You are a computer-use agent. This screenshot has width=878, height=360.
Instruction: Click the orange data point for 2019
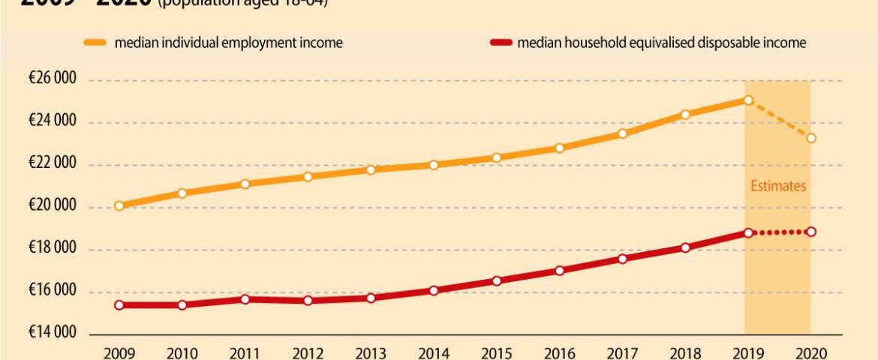pos(748,100)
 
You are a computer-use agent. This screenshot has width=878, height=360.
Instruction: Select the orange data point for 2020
pos(811,138)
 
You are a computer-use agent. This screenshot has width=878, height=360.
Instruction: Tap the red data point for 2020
pos(811,232)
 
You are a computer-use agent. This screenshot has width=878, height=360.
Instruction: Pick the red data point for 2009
pos(119,305)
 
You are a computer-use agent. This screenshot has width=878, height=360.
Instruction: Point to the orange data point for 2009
pos(119,205)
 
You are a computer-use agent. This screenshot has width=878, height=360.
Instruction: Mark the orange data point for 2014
pos(433,164)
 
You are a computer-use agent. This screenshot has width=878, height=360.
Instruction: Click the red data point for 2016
pos(559,270)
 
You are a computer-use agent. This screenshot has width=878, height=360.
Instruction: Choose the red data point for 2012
pos(308,301)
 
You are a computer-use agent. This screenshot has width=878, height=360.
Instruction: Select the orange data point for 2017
pos(622,133)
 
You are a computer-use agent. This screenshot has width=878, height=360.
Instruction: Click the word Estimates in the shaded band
pos(778,186)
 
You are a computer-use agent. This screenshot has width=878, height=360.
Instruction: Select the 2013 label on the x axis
pos(371,352)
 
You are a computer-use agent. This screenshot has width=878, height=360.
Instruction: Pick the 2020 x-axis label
pos(811,352)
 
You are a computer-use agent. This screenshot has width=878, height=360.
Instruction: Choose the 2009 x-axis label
pos(119,352)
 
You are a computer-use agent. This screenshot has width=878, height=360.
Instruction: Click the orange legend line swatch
pos(95,43)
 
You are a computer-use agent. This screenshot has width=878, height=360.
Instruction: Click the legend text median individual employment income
pos(228,43)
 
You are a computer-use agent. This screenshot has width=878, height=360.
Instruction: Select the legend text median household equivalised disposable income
pos(661,43)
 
